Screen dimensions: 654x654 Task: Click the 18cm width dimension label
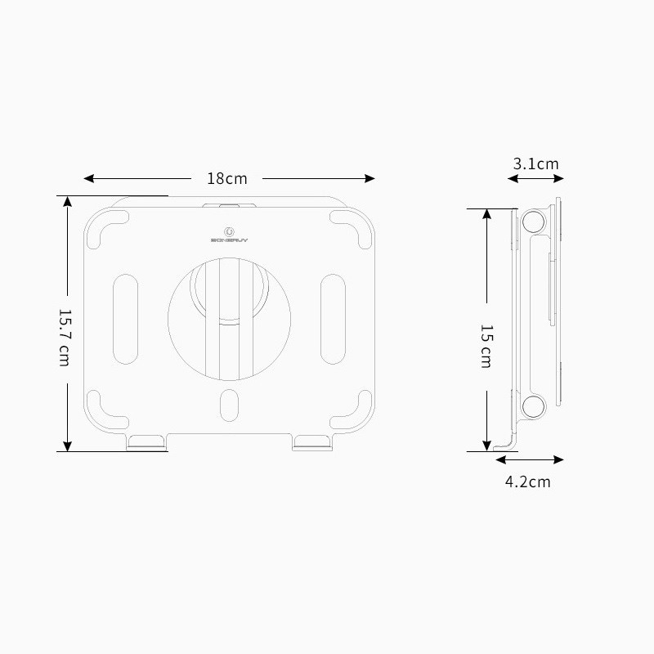coord(226,178)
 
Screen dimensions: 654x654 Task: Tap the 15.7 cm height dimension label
coord(64,337)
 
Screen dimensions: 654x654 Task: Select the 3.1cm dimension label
coord(535,163)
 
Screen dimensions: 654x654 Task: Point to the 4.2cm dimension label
coord(527,482)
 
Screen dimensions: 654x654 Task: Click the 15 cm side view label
coord(486,346)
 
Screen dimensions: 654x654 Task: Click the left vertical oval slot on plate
coord(125,318)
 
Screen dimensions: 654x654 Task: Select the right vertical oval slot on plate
coord(333,318)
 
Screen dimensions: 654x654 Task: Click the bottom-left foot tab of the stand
coord(148,442)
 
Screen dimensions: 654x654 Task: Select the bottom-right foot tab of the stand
coord(312,442)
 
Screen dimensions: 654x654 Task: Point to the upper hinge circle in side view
coord(533,222)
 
